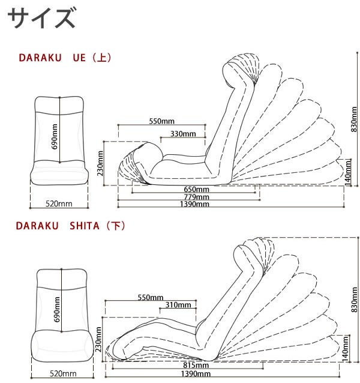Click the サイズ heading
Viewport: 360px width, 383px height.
coord(41,19)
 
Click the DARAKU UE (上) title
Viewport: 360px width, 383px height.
coord(65,58)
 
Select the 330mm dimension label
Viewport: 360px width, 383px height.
coord(182,133)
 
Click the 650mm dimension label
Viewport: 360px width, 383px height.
coord(196,189)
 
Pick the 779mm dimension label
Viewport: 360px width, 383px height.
coord(196,197)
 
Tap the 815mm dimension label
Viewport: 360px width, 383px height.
coord(196,365)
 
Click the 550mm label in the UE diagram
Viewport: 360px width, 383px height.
coord(161,121)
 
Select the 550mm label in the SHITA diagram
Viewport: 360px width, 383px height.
coord(151,297)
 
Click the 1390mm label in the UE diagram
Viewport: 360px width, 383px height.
coord(196,204)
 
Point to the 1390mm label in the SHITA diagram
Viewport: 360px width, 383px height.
coord(196,373)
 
